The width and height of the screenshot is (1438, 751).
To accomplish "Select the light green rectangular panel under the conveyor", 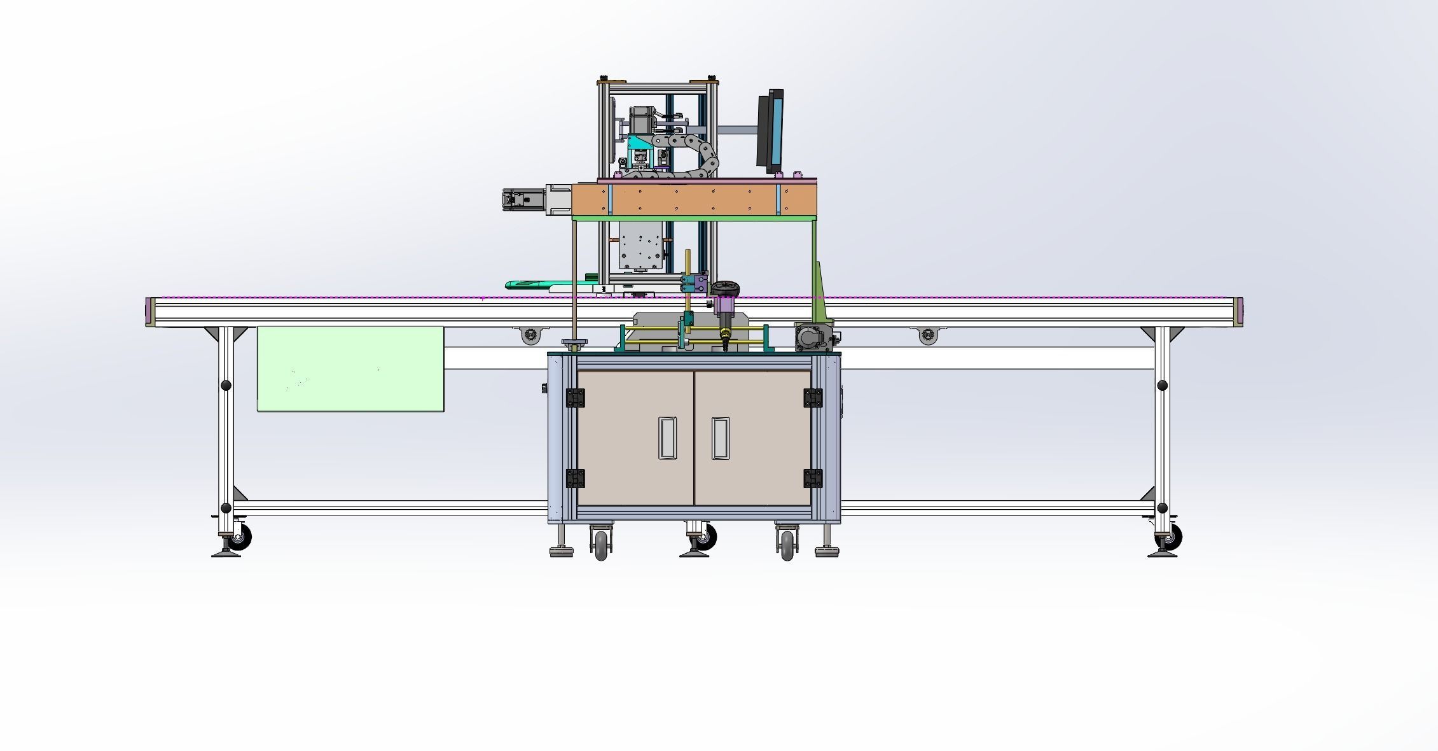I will click(350, 370).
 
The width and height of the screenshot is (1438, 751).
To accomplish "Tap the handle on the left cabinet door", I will click(667, 438).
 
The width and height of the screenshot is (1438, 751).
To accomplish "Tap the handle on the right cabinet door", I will click(720, 438).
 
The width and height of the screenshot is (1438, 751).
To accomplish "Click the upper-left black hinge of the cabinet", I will click(576, 398).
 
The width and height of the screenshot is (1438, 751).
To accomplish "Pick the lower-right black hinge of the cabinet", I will click(812, 478).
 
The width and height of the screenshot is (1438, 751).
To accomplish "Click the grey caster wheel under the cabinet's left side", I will click(601, 546).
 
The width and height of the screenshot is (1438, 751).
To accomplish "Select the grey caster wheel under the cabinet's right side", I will click(787, 546).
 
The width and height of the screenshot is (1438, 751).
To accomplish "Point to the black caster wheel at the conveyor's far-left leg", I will click(240, 538).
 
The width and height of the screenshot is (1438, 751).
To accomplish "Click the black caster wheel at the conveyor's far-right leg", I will click(1172, 538).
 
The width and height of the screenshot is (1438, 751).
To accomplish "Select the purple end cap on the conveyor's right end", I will click(1239, 312).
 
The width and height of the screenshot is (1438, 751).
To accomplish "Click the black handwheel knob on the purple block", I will click(724, 290).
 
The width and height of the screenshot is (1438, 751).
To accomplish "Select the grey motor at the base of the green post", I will click(813, 337).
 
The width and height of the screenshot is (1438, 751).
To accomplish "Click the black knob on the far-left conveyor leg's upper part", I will click(226, 385).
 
